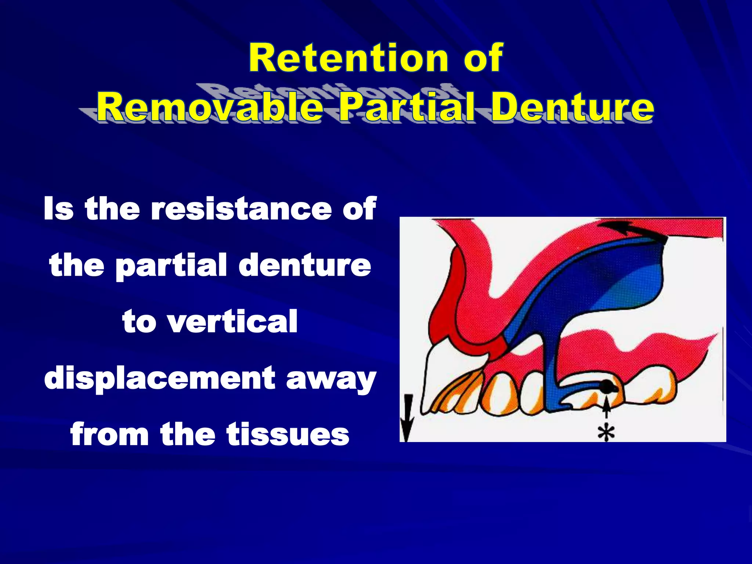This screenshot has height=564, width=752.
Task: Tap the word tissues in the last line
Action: tap(288, 434)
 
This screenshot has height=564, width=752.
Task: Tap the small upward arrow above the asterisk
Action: tap(607, 408)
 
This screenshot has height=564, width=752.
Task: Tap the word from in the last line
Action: tap(109, 434)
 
